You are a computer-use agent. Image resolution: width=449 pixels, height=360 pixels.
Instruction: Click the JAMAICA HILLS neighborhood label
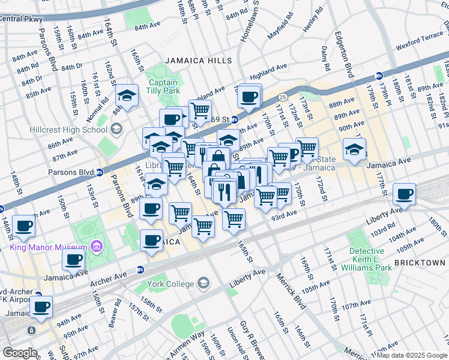197,61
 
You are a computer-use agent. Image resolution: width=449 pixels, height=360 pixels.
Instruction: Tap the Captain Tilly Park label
163,86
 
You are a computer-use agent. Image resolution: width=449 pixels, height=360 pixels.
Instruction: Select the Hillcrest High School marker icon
116,129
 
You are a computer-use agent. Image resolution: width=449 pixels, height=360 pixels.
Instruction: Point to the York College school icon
204,282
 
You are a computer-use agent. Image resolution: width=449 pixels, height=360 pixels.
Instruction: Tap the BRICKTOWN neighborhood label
420,263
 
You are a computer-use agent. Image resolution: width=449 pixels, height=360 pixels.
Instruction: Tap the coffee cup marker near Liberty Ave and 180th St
405,194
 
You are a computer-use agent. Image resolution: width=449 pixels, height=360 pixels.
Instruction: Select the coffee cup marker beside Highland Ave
250,95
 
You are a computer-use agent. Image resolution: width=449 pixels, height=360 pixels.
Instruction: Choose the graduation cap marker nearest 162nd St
127,95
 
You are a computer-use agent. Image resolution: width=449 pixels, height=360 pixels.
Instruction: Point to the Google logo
20,353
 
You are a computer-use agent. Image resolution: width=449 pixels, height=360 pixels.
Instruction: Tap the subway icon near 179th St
379,76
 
